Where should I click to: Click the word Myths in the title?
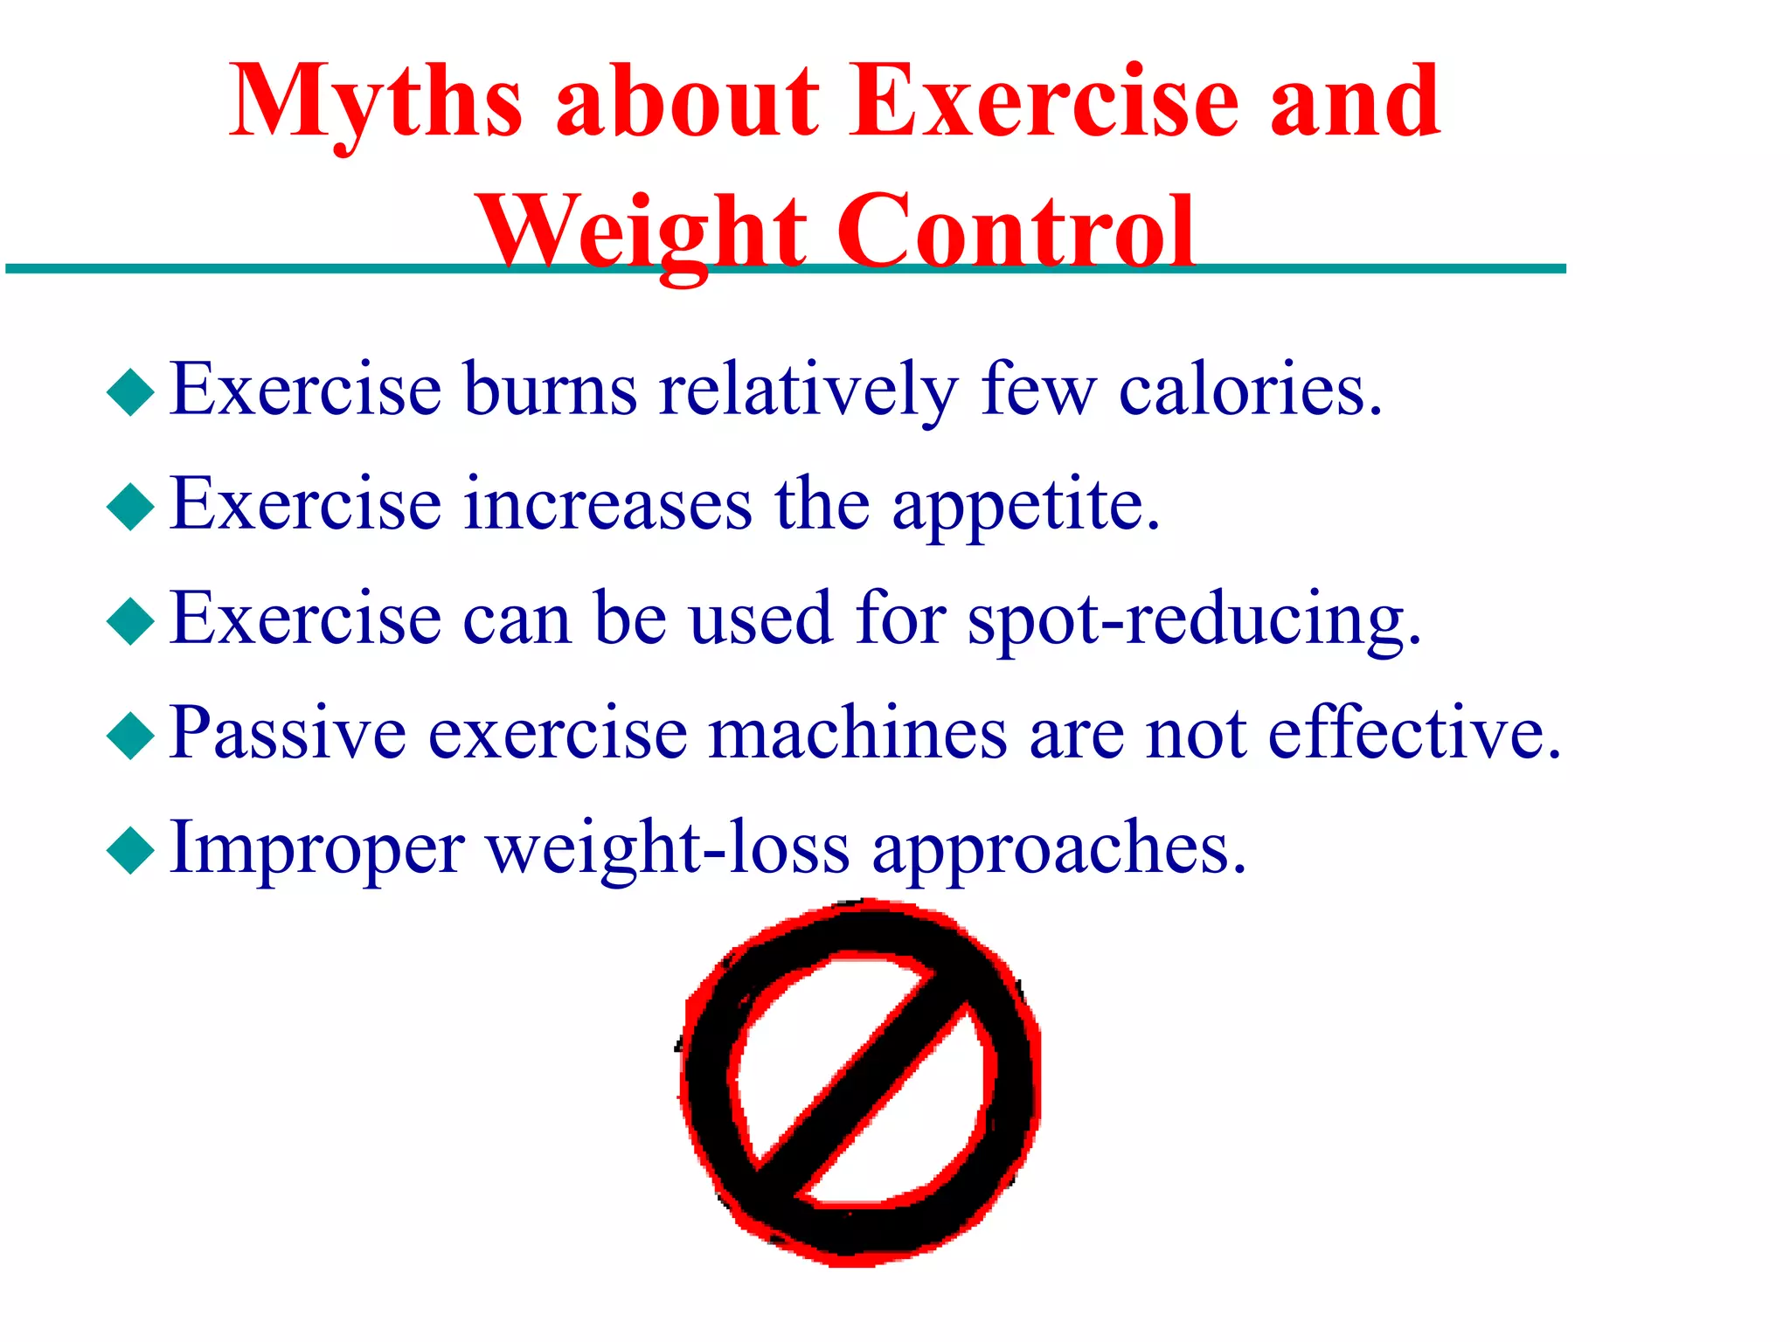(x=376, y=103)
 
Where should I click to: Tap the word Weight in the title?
(x=643, y=232)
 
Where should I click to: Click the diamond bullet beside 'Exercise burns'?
(x=130, y=391)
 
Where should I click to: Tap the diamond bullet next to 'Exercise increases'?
(x=130, y=507)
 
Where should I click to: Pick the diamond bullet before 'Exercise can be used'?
(x=130, y=621)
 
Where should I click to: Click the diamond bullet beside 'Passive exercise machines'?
(x=130, y=736)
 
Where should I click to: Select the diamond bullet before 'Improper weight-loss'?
(x=130, y=850)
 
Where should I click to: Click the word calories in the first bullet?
(x=1250, y=390)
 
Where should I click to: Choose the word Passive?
(x=288, y=734)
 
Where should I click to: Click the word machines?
(x=857, y=734)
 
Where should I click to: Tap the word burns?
(x=551, y=390)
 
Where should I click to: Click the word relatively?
(x=808, y=390)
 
